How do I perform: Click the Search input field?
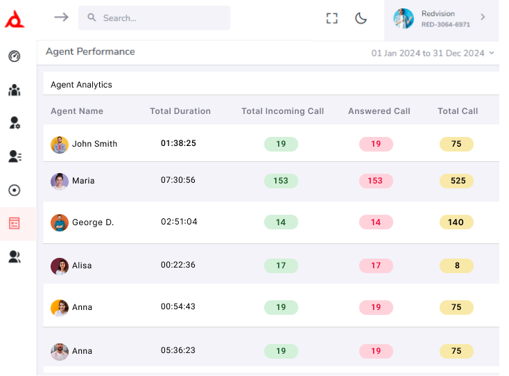click(163, 18)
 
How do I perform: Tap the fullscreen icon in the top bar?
click(332, 19)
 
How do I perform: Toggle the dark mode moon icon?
click(361, 19)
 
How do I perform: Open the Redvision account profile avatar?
click(404, 19)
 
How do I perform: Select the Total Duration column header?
click(180, 111)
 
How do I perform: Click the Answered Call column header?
click(379, 111)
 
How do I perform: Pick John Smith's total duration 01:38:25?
click(178, 143)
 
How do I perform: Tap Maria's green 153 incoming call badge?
click(281, 181)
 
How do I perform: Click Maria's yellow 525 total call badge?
click(456, 181)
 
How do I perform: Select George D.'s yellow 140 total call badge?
click(456, 222)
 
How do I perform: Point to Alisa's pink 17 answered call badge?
click(376, 265)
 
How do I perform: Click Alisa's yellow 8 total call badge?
click(456, 265)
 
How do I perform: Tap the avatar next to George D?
click(60, 222)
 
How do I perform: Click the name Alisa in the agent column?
click(82, 265)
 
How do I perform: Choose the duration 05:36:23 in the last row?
click(178, 351)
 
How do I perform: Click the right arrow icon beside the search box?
click(62, 17)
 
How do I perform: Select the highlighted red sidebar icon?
click(15, 224)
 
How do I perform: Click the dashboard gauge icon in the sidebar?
click(15, 56)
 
